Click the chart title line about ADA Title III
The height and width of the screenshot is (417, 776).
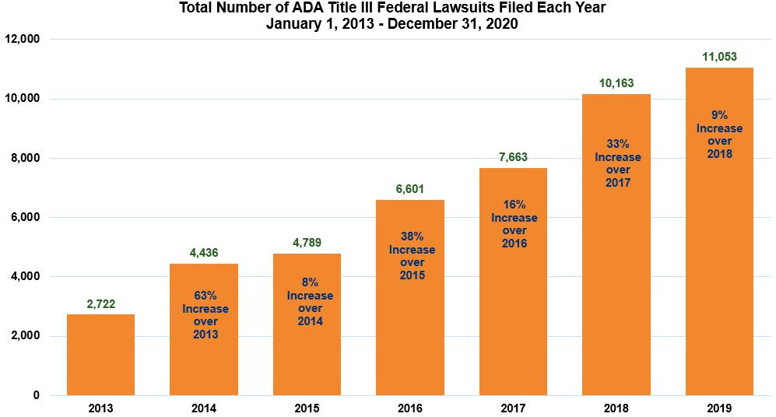pos(392,9)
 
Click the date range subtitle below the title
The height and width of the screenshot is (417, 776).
pos(392,24)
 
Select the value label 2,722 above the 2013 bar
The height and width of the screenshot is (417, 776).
pos(100,304)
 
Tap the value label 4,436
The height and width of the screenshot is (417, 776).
pos(204,253)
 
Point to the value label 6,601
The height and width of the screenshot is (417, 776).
pos(410,189)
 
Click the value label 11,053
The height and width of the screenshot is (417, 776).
pos(719,57)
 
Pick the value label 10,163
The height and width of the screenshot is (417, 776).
pos(616,83)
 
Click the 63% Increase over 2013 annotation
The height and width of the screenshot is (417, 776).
pos(205,315)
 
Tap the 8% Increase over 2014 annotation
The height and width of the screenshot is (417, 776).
pos(308,302)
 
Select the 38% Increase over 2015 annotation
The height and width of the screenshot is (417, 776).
pos(412,257)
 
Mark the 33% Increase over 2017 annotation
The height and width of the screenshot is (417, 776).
pos(617,163)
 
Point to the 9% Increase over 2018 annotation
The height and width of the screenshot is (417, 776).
pos(719,135)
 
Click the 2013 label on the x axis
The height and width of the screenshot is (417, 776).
pos(100,408)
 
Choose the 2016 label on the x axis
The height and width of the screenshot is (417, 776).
pos(410,408)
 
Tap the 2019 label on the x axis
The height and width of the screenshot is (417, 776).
pos(719,408)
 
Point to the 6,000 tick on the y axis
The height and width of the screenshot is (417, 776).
pos(26,218)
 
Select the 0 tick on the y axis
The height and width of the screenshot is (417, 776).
pos(36,395)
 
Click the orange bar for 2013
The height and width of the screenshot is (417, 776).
pos(100,355)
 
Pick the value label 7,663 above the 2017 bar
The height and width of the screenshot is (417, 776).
pos(513,157)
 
